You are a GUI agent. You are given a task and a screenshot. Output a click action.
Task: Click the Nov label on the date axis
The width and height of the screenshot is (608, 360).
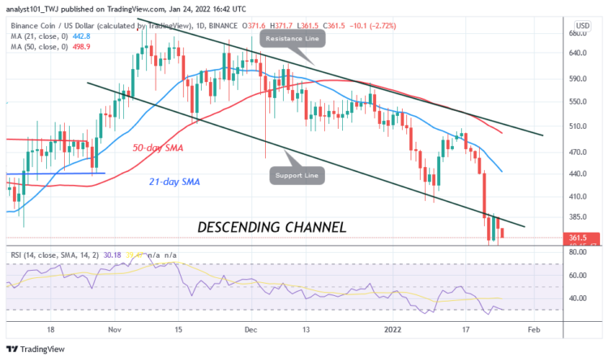tap(113, 330)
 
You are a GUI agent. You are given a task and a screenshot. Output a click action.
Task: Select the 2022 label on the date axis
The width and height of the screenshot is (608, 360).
tap(393, 330)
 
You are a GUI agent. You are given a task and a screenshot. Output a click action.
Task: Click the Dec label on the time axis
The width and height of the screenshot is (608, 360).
tap(252, 330)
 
